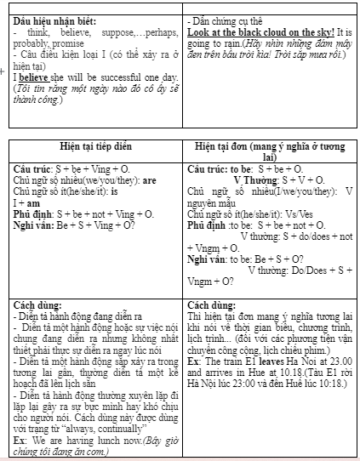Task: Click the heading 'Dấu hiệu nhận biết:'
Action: pos(54,19)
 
